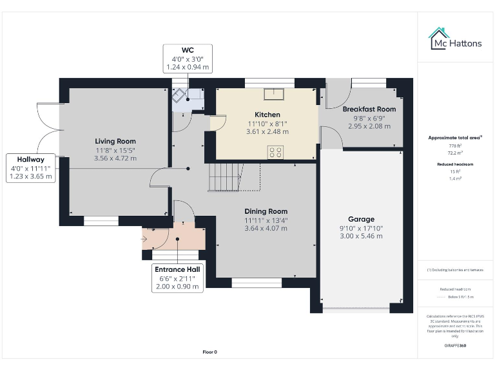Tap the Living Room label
[115, 141]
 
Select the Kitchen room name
[267, 115]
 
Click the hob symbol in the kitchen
[276, 152]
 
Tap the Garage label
[361, 219]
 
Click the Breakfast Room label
[369, 109]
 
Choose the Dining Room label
[266, 211]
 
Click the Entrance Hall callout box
[177, 278]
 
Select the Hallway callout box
[31, 167]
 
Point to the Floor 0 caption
[210, 352]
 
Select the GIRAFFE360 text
[456, 346]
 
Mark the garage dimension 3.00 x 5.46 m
[361, 236]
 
